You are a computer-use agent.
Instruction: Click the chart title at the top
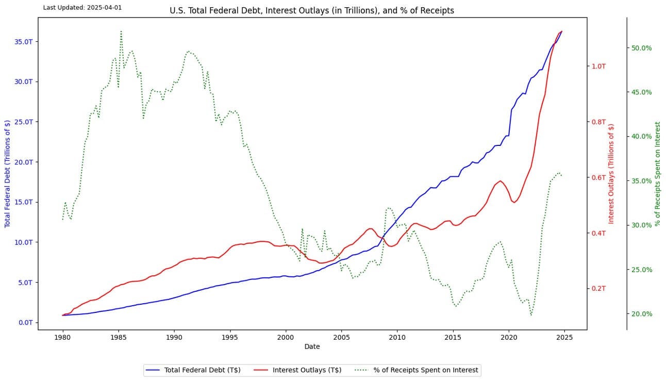point(312,10)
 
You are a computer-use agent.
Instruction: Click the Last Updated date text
point(82,8)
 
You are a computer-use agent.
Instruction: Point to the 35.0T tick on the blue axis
point(23,42)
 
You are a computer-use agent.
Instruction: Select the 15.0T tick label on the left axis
point(23,202)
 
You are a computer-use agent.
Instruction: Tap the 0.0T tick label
point(25,323)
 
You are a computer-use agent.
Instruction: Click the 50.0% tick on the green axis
point(641,48)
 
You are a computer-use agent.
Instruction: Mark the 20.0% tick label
point(641,313)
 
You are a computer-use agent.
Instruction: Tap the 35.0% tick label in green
point(641,181)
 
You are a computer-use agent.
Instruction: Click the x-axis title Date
point(312,346)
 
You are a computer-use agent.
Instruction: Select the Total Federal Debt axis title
point(7,173)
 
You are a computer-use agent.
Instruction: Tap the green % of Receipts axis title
point(657,174)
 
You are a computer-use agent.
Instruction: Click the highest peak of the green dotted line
point(121,31)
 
